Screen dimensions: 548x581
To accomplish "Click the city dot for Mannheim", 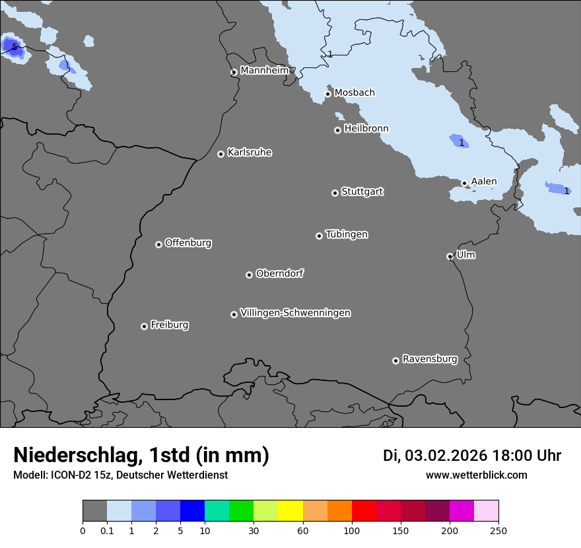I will click(x=234, y=73).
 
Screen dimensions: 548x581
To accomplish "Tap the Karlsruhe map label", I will click(x=250, y=153).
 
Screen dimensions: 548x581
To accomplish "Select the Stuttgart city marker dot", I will click(x=335, y=193).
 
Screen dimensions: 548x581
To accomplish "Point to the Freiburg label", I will click(x=169, y=325).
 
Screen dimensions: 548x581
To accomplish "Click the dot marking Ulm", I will click(x=450, y=256).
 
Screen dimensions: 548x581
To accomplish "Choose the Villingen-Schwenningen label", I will click(x=295, y=313).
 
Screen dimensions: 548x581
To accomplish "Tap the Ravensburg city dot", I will click(x=395, y=360).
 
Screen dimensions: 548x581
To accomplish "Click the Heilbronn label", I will click(x=366, y=129).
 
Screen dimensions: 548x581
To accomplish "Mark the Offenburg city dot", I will click(x=158, y=244).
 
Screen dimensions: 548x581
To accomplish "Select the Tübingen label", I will click(x=347, y=234).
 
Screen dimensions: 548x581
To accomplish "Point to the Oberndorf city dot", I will click(x=249, y=275).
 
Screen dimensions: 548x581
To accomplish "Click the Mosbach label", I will click(x=355, y=93).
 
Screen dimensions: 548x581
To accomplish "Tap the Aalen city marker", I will click(x=464, y=183).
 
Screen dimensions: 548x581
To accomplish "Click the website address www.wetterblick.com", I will click(x=477, y=475).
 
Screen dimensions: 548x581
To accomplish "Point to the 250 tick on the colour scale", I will click(x=498, y=530).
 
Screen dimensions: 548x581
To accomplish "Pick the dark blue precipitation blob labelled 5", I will click(x=13, y=48).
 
